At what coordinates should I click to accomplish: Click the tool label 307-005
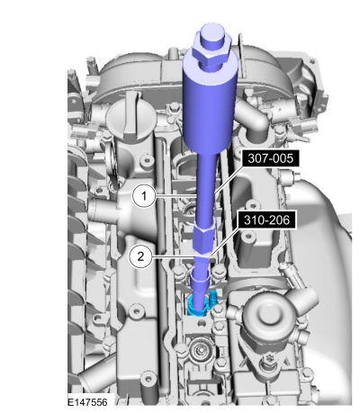[x=270, y=157]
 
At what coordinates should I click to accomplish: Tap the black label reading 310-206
[x=266, y=220]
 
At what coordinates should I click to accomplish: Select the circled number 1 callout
[x=144, y=196]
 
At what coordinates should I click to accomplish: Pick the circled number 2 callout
[x=140, y=256]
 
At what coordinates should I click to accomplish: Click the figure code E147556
[x=87, y=402]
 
